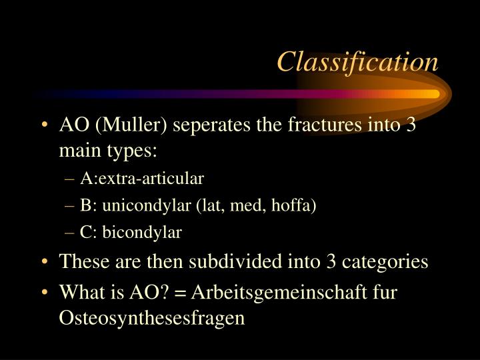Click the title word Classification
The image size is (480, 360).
tap(357, 61)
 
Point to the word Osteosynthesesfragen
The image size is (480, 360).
tap(153, 318)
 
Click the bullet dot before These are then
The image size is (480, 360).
tap(45, 262)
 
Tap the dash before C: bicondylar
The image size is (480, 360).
tap(73, 233)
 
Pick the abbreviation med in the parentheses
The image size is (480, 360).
tap(244, 205)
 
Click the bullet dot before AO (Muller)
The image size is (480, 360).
tap(45, 125)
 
